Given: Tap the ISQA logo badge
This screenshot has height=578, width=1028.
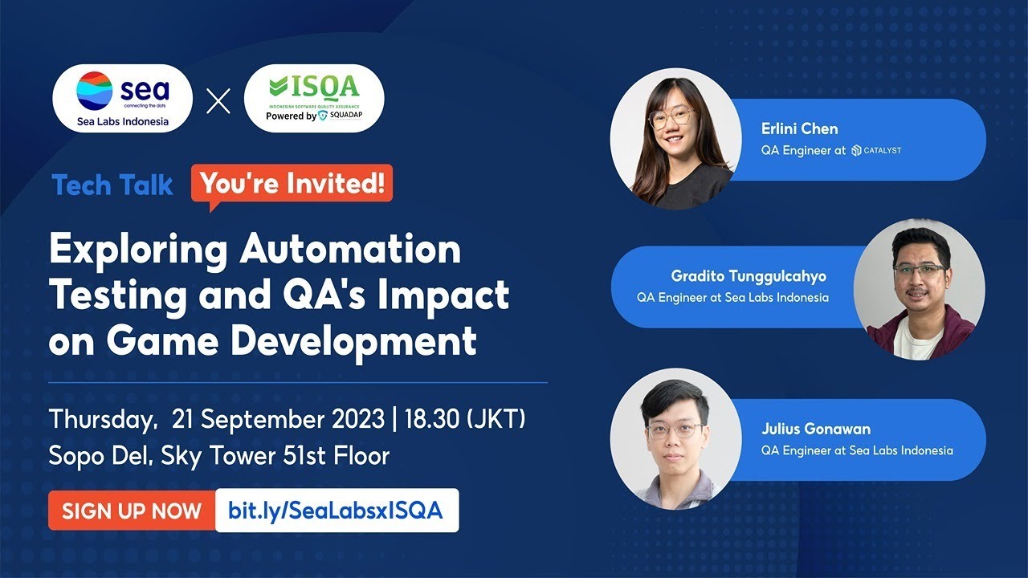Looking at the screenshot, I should [314, 99].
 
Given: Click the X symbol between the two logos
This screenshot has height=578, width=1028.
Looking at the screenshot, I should [218, 101].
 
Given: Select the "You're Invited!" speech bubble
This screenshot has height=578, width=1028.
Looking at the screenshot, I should [292, 184].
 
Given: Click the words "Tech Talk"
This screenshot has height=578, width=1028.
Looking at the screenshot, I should [112, 185].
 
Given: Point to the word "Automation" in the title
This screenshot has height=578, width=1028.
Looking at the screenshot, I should [350, 250].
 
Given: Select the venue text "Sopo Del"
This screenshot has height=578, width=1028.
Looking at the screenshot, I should [100, 456].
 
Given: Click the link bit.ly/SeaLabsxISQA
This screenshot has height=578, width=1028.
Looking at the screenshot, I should [336, 511].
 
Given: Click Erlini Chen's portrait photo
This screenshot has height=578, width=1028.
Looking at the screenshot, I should [671, 139].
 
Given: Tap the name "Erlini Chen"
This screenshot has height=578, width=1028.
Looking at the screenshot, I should [799, 128].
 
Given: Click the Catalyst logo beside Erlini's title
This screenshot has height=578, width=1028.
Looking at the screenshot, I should [876, 150].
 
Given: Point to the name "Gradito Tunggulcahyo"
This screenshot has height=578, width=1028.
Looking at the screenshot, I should [749, 276].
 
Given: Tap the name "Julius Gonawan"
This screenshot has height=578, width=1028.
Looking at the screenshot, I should [816, 429].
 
